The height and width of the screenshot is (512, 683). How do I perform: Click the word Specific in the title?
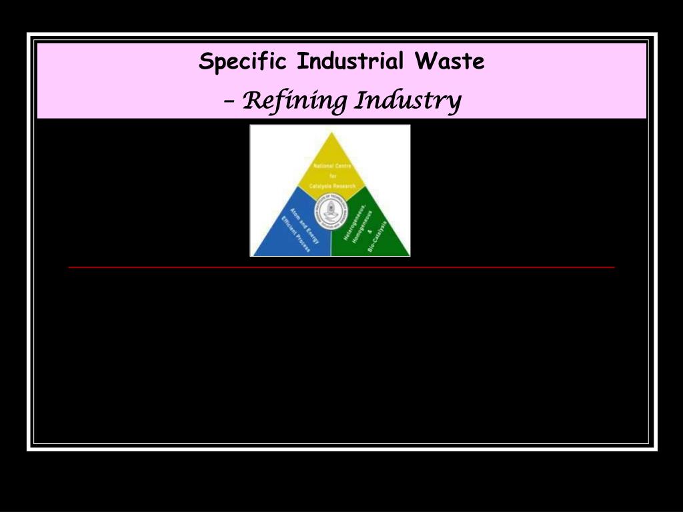click(243, 62)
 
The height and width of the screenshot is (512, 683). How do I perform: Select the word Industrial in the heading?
click(350, 61)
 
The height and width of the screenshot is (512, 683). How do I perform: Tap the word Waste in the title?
click(449, 61)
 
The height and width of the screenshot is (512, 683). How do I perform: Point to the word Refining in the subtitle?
click(294, 101)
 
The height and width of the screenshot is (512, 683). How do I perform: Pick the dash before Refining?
click(230, 101)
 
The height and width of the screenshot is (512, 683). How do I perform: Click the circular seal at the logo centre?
click(330, 211)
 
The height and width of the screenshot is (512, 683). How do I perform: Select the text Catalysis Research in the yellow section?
click(332, 185)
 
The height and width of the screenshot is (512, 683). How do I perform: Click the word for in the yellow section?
click(331, 175)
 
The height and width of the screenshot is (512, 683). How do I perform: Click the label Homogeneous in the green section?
click(362, 225)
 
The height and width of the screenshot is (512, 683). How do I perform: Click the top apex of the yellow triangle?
click(331, 133)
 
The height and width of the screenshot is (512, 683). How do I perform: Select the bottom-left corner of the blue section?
click(252, 255)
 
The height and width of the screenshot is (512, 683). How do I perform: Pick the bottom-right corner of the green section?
click(408, 255)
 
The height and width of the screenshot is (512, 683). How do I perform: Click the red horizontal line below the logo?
click(341, 267)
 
